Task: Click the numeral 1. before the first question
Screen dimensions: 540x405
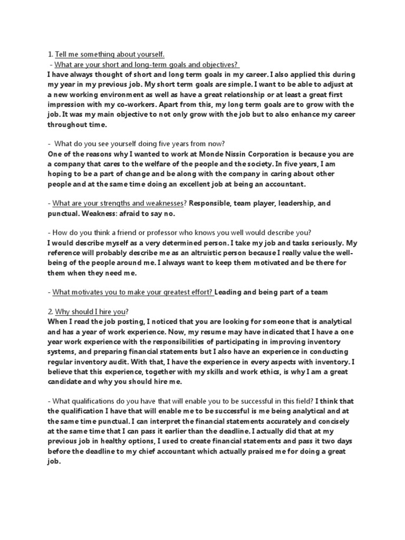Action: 50,54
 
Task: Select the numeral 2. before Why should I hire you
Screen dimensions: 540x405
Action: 50,312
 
